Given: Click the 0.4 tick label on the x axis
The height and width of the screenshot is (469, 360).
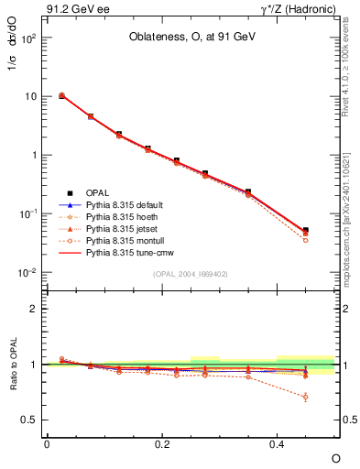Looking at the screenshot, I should (277, 442).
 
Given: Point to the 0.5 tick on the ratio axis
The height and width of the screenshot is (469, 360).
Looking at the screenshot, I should (33, 420).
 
